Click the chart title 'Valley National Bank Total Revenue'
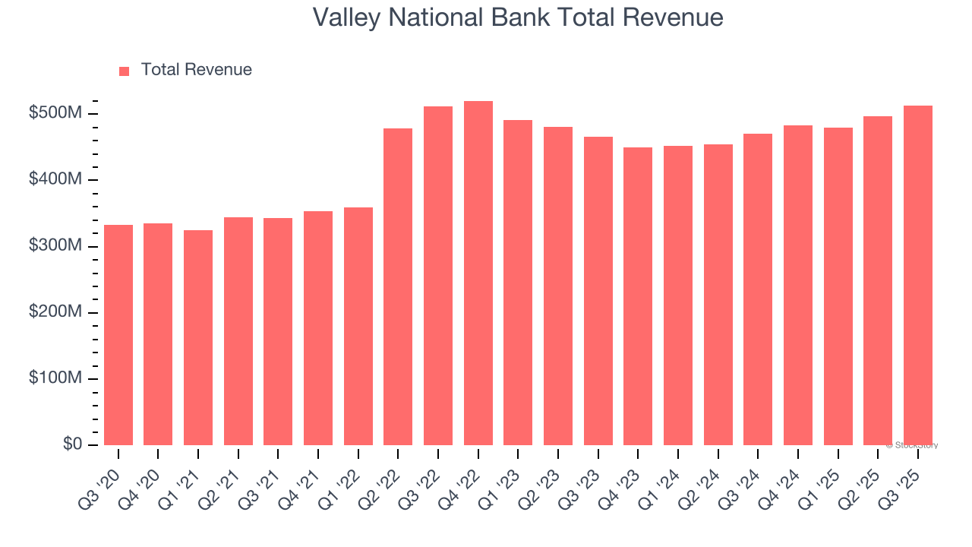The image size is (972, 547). point(518,17)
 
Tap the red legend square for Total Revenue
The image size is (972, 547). point(125,71)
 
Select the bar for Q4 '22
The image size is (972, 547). point(478,273)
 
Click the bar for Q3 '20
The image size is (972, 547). point(118,334)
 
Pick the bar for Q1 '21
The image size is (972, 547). point(198,337)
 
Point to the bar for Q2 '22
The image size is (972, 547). point(398,286)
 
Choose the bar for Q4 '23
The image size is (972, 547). point(638,296)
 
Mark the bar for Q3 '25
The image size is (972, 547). point(917,275)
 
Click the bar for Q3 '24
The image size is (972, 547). point(758,289)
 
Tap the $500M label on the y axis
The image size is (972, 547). point(55,113)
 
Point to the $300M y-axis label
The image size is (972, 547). point(55,246)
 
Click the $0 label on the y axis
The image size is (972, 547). point(71,444)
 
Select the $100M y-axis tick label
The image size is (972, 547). point(55,378)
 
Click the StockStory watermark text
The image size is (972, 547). point(911,445)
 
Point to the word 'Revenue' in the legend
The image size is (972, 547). point(220,70)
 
